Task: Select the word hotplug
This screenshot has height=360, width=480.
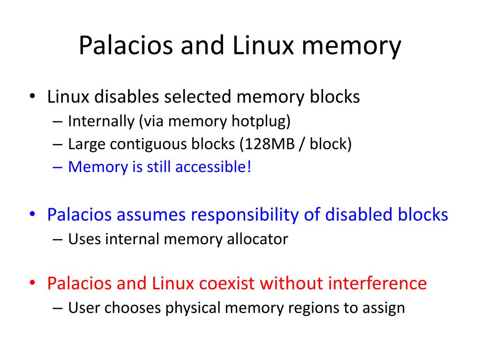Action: pos(261,121)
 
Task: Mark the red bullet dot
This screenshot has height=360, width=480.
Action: pos(32,283)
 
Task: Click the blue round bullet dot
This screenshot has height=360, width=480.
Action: pos(32,215)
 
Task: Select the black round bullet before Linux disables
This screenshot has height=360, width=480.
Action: pos(32,97)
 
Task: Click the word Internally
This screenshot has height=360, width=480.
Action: pos(101,121)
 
